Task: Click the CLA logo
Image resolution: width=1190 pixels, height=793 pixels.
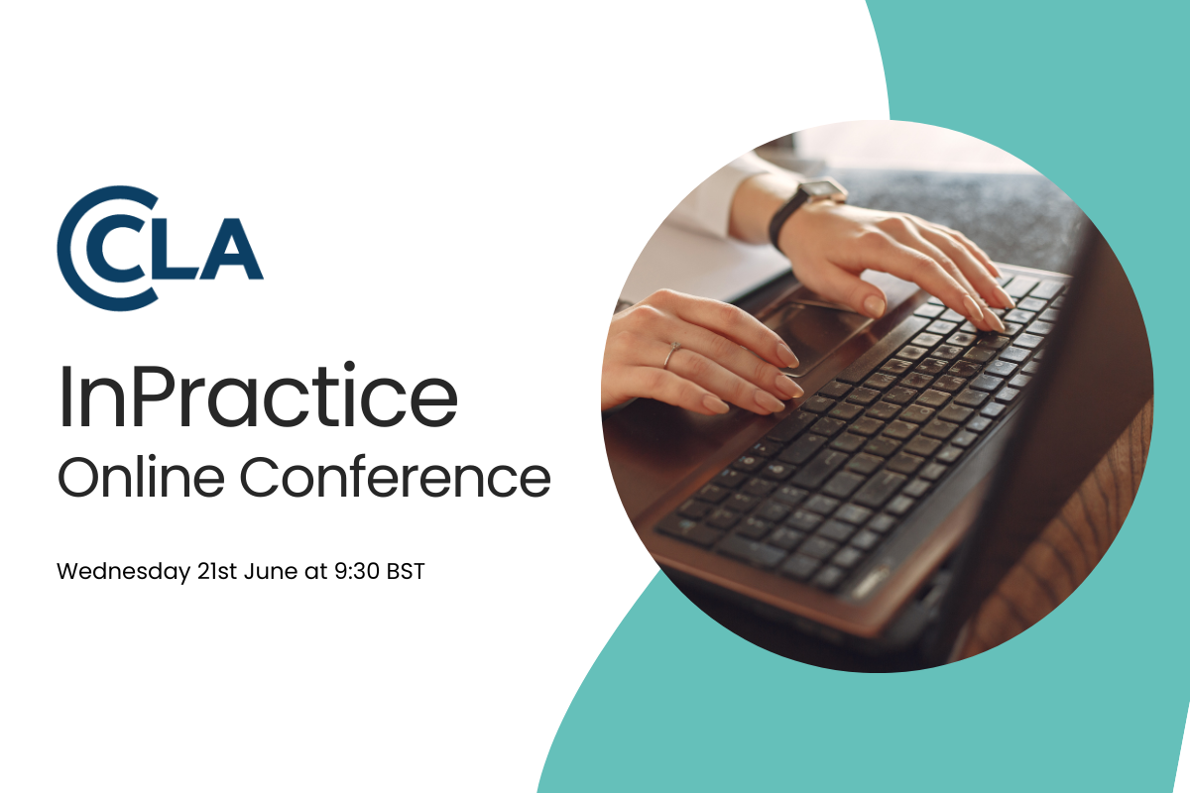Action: tap(160, 248)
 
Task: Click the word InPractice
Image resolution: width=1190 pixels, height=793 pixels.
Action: tap(258, 396)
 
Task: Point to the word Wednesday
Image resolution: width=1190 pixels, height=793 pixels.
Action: tap(123, 572)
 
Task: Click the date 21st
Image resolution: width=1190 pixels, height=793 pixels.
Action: tap(217, 572)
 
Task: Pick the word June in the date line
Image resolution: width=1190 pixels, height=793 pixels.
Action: tap(271, 572)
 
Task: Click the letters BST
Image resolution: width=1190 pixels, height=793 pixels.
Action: tap(406, 572)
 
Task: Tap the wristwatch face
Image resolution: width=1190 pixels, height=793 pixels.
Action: tap(822, 190)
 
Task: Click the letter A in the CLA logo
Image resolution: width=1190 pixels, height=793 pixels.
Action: tap(231, 248)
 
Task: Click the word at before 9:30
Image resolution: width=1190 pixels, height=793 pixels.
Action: tap(316, 572)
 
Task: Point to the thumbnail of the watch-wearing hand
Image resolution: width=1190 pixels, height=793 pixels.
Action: tap(873, 306)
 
